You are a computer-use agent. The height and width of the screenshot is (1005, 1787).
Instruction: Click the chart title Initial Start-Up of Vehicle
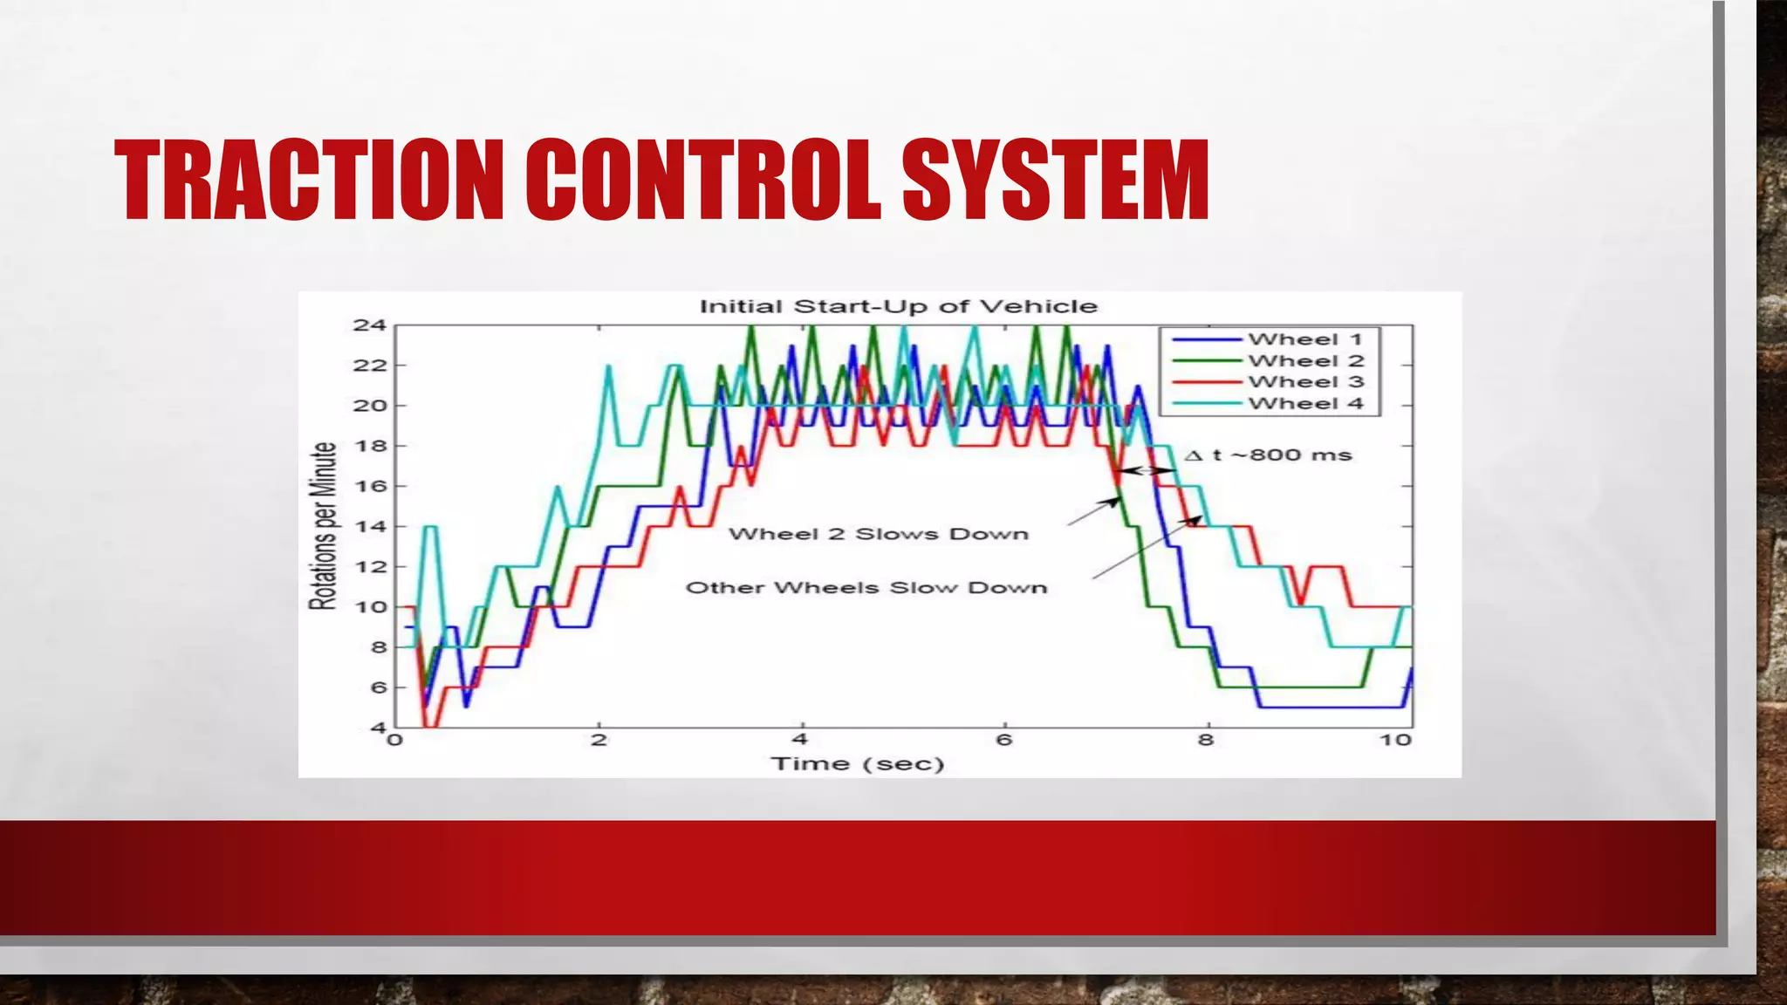coord(898,306)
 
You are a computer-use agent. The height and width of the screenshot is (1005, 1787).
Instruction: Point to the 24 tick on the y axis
coord(369,325)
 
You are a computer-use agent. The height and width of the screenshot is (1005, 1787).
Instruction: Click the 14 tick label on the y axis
coord(369,527)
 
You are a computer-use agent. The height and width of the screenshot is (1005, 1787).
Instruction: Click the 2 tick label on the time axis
coord(599,741)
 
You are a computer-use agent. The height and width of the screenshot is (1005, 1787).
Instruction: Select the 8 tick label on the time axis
coord(1205,741)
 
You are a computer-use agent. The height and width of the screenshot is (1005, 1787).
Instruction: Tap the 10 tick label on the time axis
coord(1395,741)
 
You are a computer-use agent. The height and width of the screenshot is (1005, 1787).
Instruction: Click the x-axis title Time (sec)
coord(857,764)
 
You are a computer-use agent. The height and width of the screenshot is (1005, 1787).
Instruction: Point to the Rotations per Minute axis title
coord(324,526)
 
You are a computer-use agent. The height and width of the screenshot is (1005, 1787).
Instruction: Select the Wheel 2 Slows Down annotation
coord(879,534)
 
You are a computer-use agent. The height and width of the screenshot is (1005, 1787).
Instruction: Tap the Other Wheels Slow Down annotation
coord(866,588)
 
